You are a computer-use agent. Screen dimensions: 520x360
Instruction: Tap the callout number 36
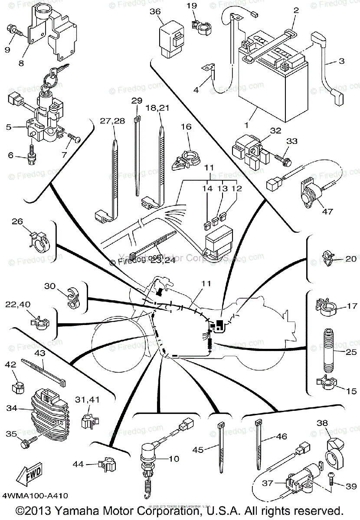pyautogui.click(x=155, y=12)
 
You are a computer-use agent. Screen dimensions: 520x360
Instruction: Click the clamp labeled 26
pyautogui.click(x=43, y=243)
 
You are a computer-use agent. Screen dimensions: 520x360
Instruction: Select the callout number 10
pyautogui.click(x=173, y=458)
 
